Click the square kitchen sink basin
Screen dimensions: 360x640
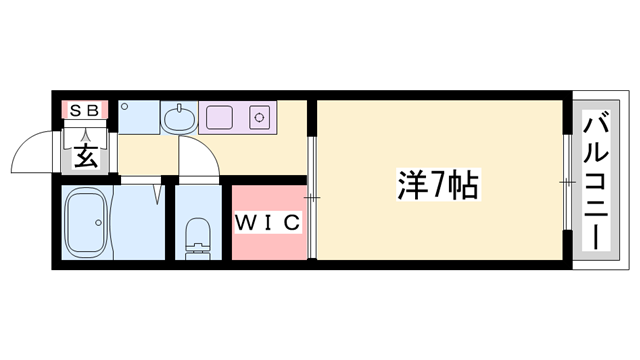click(218, 117)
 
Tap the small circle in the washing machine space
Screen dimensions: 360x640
click(124, 104)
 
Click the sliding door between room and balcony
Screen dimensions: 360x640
click(566, 183)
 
